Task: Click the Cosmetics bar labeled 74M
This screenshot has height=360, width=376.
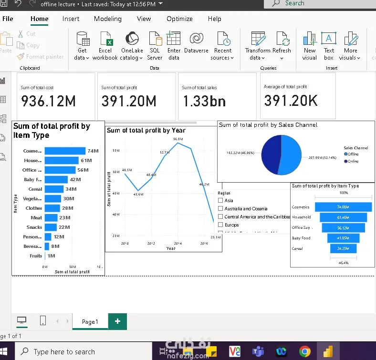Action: (x=65, y=151)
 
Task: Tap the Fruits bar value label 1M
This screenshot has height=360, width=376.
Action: (x=51, y=256)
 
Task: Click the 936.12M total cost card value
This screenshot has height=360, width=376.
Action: (x=48, y=101)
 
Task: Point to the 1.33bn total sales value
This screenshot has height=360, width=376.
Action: (x=204, y=101)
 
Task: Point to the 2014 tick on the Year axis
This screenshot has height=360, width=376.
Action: (x=178, y=244)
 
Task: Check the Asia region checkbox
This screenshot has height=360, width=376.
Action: (x=220, y=201)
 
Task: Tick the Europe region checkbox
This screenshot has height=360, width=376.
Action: (x=220, y=225)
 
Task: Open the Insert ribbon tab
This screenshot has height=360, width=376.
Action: (x=71, y=19)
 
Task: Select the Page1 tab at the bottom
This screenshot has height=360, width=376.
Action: (x=90, y=322)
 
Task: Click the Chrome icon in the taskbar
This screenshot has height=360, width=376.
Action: (x=305, y=352)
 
